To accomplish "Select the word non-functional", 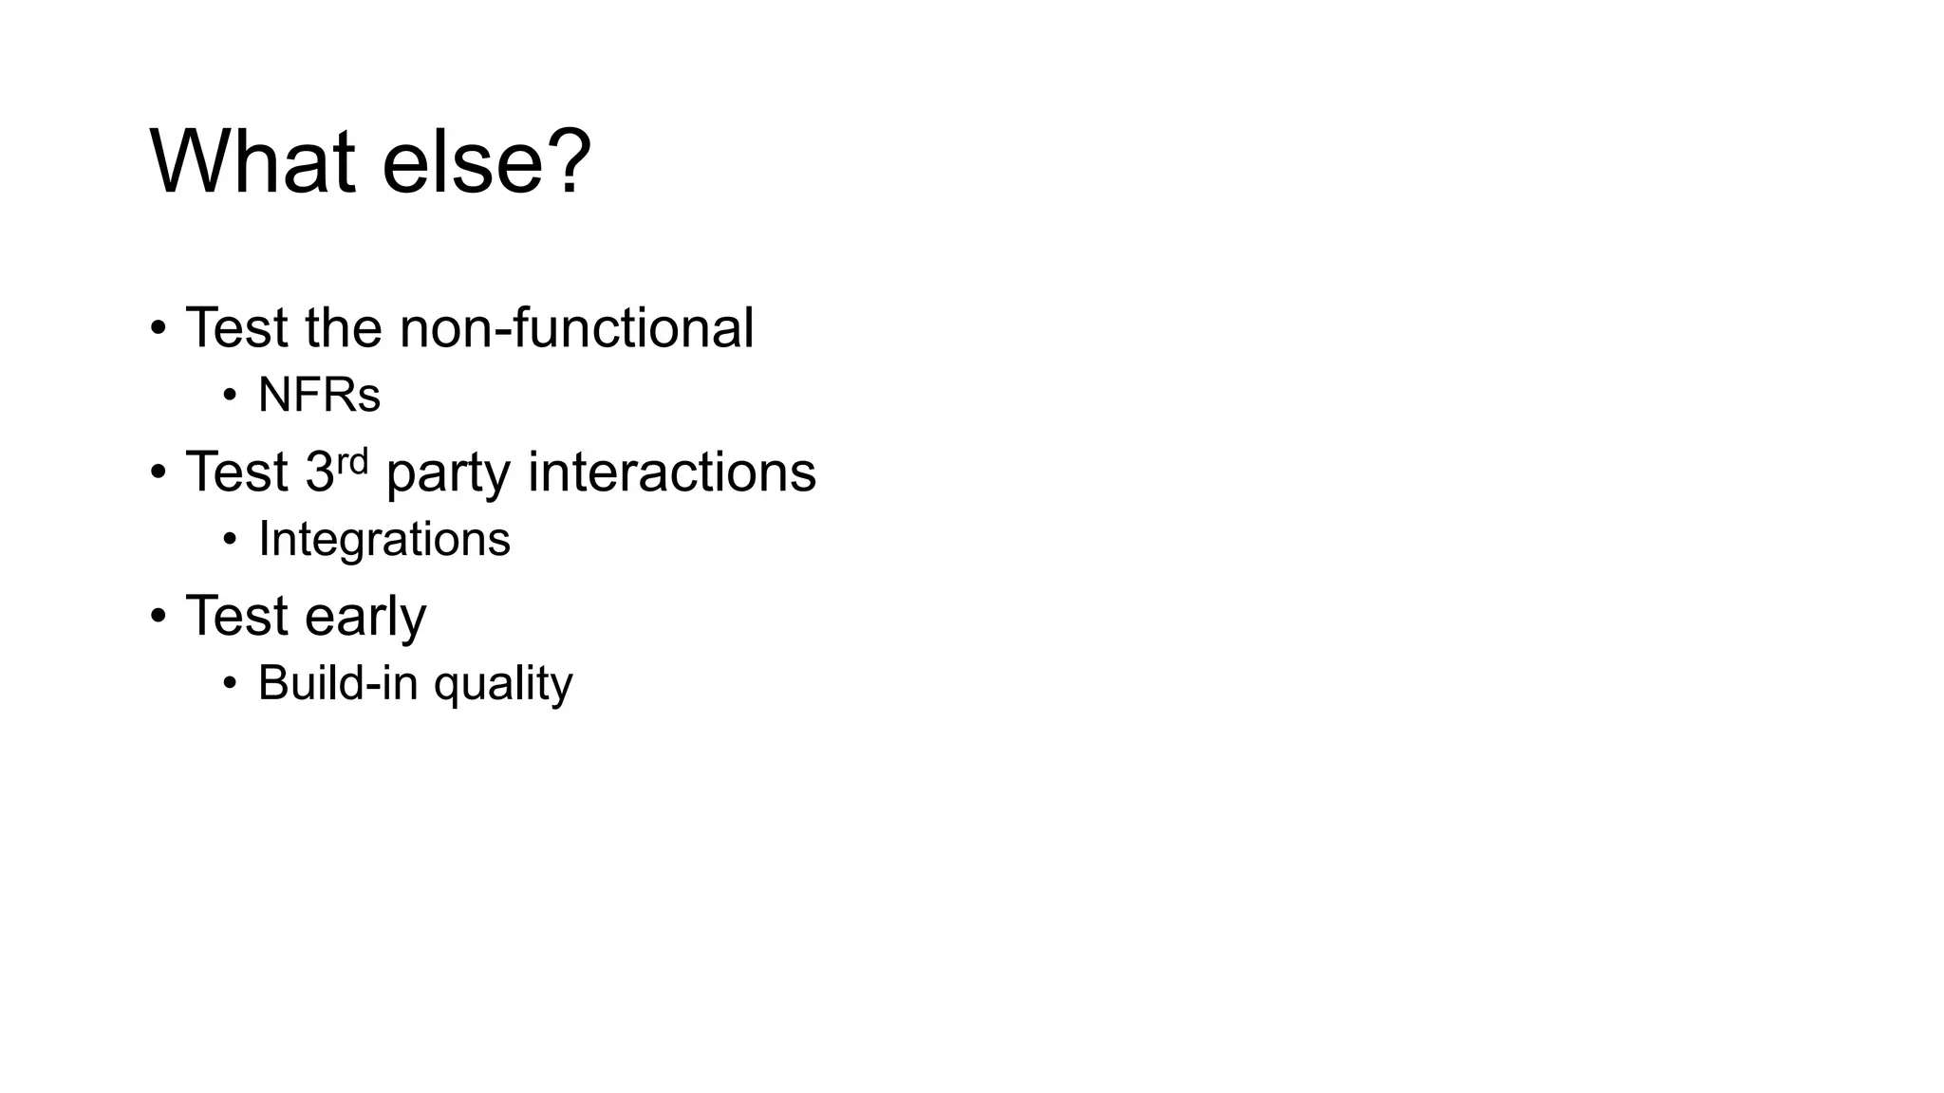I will point(576,328).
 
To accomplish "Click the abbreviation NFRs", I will point(319,395).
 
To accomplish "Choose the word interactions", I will point(671,472).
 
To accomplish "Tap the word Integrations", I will point(384,539).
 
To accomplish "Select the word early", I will point(365,617).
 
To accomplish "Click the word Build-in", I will point(337,682).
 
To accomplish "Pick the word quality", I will point(503,684).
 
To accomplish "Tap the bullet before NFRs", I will point(230,395).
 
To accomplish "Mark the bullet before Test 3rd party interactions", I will point(159,472).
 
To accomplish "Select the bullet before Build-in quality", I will point(230,683).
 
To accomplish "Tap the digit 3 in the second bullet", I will point(319,472).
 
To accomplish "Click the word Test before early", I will point(236,616).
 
